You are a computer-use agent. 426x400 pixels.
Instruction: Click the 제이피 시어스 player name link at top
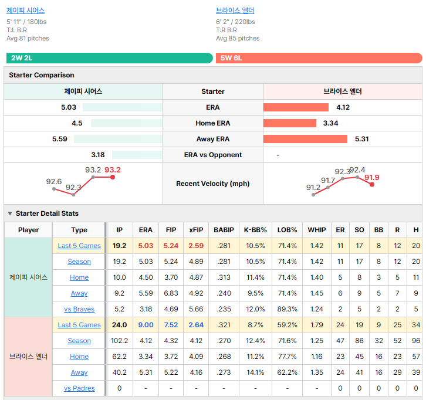tap(26, 11)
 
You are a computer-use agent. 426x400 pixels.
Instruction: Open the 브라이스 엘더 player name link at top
tap(235, 11)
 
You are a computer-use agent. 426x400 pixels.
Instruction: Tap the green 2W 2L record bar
tap(110, 58)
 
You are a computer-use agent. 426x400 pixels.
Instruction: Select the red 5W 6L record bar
tap(319, 58)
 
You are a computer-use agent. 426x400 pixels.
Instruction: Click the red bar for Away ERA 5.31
tap(305, 139)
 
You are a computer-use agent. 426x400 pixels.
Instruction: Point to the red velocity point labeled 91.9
tap(372, 185)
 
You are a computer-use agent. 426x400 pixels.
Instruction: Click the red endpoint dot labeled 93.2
tap(113, 177)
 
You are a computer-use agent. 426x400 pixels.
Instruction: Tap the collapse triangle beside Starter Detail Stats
tap(10, 213)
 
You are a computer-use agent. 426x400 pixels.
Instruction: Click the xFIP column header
tap(196, 230)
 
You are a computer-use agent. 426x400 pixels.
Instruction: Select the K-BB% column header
tap(255, 230)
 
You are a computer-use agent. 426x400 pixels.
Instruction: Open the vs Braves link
tap(79, 309)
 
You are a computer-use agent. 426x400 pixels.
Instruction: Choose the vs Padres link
tap(79, 388)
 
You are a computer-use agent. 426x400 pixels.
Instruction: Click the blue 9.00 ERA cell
tap(146, 325)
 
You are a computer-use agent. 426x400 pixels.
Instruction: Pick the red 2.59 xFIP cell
tap(196, 246)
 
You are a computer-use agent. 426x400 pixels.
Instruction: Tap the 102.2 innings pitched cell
tap(119, 341)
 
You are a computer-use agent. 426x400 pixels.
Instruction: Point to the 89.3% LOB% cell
tap(287, 309)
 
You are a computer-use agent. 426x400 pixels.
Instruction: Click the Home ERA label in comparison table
tap(213, 123)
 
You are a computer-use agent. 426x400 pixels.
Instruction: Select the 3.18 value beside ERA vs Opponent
tap(98, 155)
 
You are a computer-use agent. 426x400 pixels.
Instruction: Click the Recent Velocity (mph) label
tap(213, 184)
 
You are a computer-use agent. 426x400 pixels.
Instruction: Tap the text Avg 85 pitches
tap(238, 38)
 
